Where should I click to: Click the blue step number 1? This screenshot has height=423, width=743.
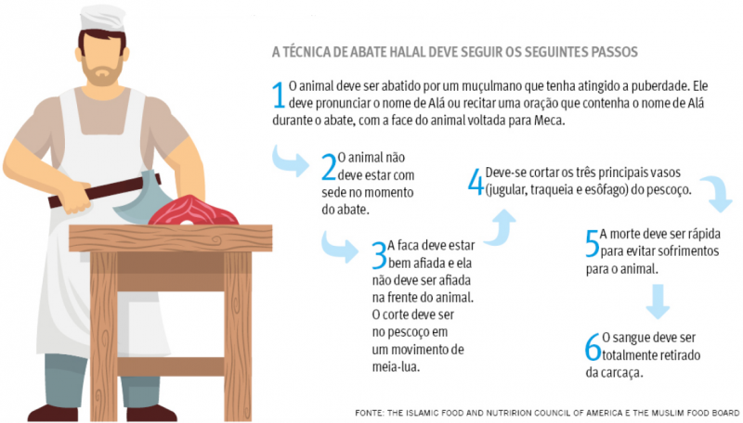[x=278, y=95]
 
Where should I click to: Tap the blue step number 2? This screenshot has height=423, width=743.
[x=329, y=167]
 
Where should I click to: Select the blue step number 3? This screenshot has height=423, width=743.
[x=379, y=255]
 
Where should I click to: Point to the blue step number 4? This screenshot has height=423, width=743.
[x=476, y=182]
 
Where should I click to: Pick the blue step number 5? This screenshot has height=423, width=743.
[x=593, y=244]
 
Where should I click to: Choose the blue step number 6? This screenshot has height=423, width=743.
[x=593, y=347]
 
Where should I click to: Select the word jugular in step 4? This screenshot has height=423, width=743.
[x=506, y=190]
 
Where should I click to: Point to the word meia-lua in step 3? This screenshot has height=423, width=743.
[x=396, y=366]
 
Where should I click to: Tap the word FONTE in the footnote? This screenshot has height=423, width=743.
[x=369, y=413]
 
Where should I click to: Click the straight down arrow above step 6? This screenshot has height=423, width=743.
[x=658, y=301]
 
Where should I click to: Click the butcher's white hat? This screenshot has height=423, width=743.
[x=102, y=18]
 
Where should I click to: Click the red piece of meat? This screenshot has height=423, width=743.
[x=192, y=211]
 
